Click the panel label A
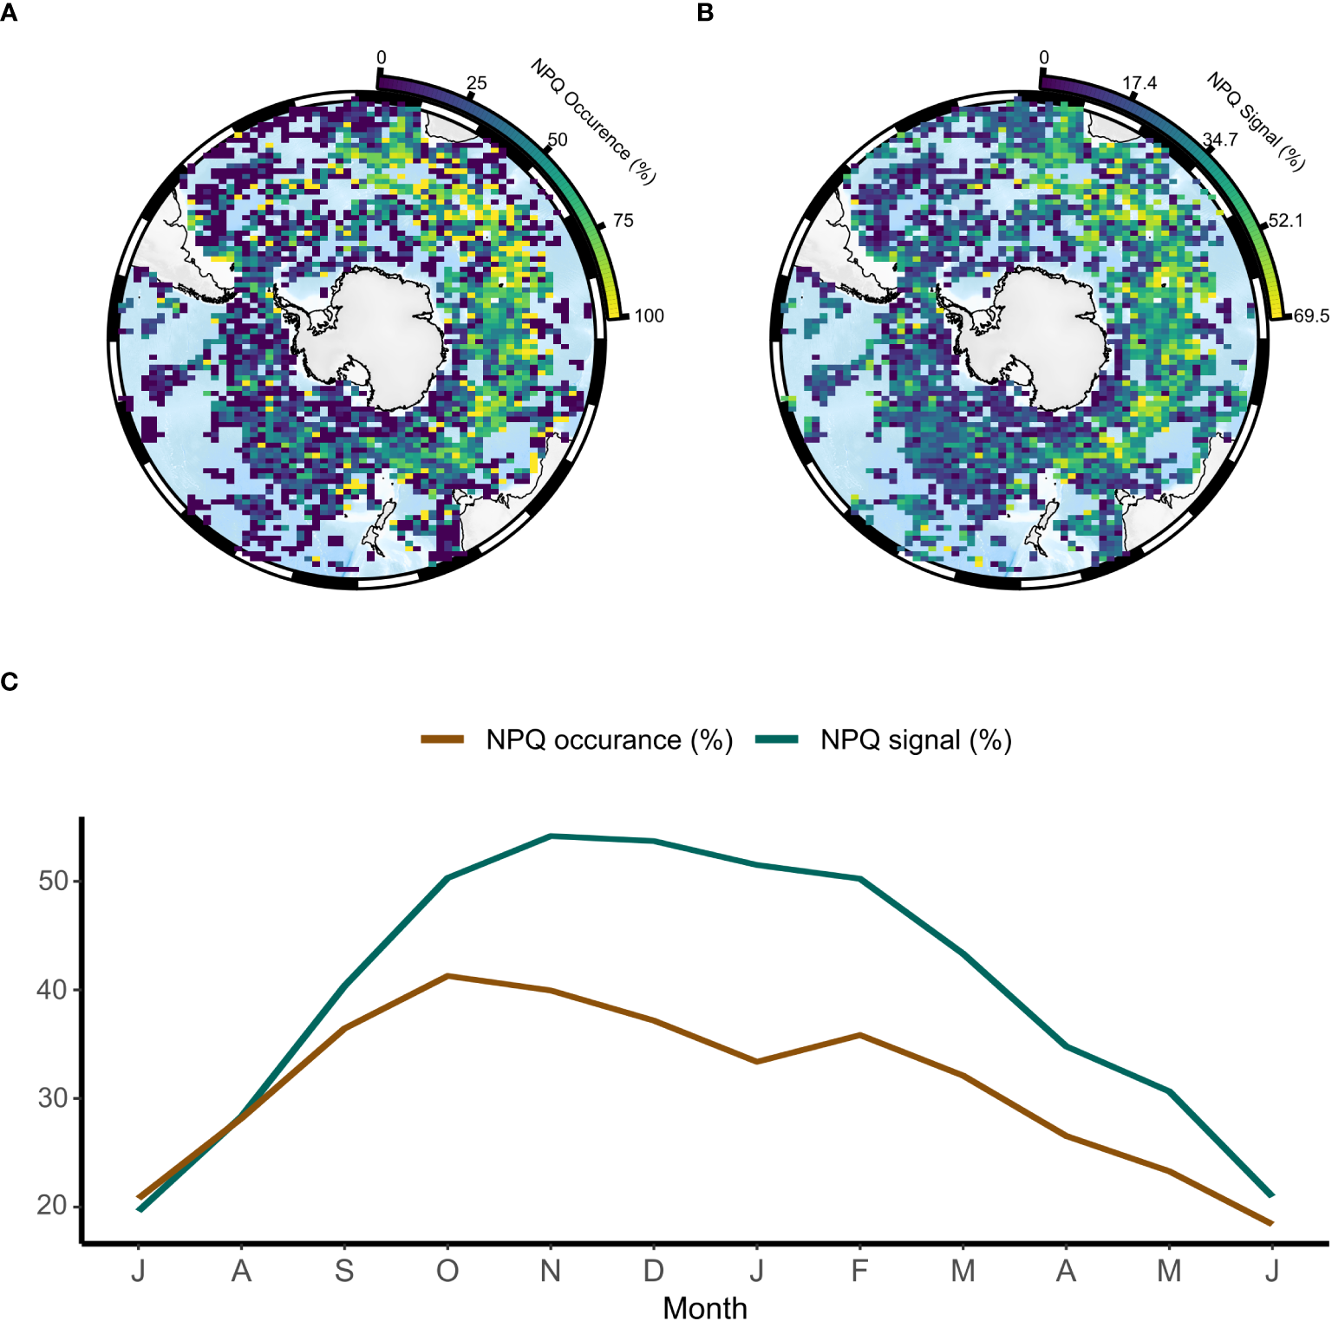[8, 14]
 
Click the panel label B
[705, 14]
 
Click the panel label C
[10, 682]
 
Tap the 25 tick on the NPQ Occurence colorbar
[476, 84]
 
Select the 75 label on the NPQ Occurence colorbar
[623, 221]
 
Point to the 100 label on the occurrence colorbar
[649, 316]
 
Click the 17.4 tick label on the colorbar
[1139, 83]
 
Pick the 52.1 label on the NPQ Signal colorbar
[1285, 221]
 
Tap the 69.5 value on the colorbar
[1311, 316]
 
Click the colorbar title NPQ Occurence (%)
[593, 121]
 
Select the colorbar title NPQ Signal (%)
[1256, 121]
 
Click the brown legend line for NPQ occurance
[442, 739]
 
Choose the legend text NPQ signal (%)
[916, 740]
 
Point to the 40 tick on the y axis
[53, 990]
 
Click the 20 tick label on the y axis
[53, 1206]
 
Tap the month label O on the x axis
[447, 1271]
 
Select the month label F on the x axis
[859, 1271]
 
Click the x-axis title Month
[704, 1307]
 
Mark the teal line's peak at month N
[551, 836]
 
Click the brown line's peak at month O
[447, 976]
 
